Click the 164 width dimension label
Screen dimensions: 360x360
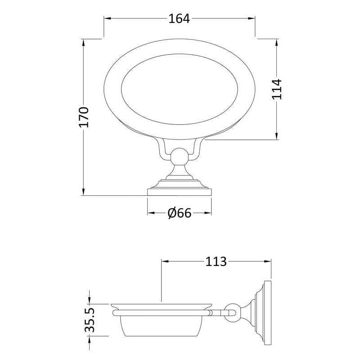click(x=179, y=18)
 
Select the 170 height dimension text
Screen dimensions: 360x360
click(x=84, y=117)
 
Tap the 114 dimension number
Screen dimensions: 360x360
click(x=277, y=89)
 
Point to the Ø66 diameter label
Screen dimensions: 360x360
click(x=179, y=213)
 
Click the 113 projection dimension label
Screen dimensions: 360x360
click(x=216, y=261)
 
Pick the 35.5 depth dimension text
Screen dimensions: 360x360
click(x=90, y=320)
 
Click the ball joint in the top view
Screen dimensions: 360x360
click(x=179, y=157)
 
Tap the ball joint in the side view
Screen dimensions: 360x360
click(x=232, y=313)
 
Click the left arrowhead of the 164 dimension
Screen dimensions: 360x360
click(x=108, y=18)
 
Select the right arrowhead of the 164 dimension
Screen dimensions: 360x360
click(x=252, y=18)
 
